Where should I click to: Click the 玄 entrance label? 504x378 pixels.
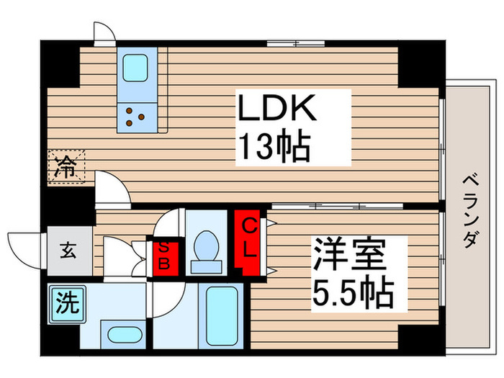coord(68,251)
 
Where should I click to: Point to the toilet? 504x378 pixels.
coord(207,248)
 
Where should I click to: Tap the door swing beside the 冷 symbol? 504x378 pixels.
coord(111,189)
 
